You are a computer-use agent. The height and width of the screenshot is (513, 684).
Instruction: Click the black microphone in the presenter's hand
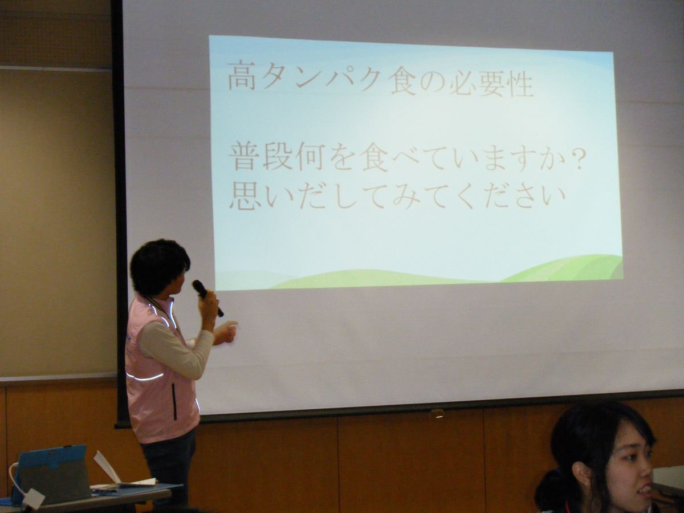pyautogui.click(x=207, y=298)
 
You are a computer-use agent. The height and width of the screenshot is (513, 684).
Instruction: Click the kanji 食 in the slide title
pyautogui.click(x=404, y=82)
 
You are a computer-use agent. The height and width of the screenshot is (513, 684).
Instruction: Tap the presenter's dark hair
pyautogui.click(x=159, y=266)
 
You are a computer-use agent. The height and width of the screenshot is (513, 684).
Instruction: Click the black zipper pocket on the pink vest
pyautogui.click(x=174, y=401)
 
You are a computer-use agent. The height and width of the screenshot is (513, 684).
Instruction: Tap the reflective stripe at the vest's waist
pyautogui.click(x=145, y=377)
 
